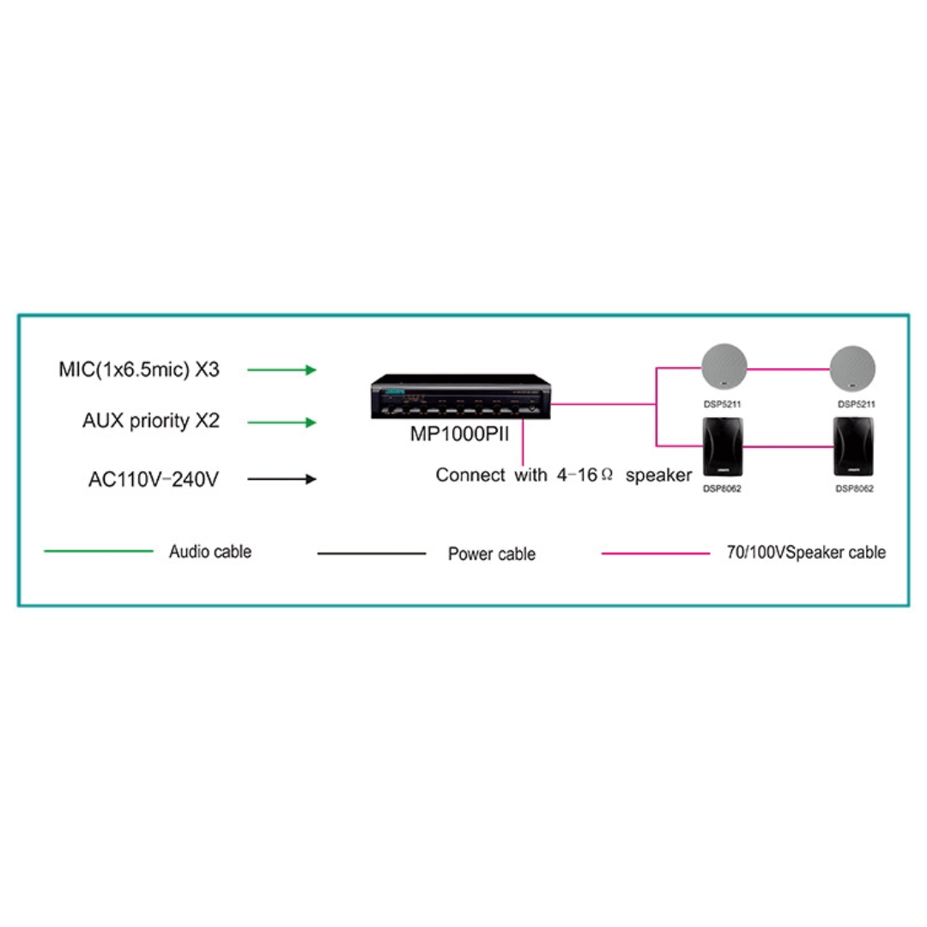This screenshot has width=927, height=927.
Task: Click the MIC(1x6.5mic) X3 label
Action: click(x=139, y=369)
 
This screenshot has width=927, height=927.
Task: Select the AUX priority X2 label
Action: click(x=151, y=421)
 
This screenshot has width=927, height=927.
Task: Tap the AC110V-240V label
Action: click(x=154, y=479)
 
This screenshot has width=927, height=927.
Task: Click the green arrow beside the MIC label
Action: click(x=282, y=370)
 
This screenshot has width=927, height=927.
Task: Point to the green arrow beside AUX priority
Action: click(x=282, y=422)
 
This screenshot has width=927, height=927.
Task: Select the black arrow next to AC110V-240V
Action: click(x=282, y=479)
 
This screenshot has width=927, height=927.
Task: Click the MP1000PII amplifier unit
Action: click(x=461, y=397)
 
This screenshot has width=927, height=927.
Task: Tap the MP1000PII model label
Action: click(x=459, y=434)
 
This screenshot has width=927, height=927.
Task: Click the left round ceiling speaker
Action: click(x=724, y=367)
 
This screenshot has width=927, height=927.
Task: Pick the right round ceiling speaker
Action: click(x=852, y=368)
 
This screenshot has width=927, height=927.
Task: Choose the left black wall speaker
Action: click(x=723, y=447)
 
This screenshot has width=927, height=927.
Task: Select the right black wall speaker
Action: click(x=853, y=447)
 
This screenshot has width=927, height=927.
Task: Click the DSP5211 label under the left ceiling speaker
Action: click(x=722, y=404)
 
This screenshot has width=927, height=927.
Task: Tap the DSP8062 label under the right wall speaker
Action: click(x=854, y=489)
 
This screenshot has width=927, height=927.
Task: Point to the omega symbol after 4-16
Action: click(x=607, y=475)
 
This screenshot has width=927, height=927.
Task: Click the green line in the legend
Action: click(x=99, y=551)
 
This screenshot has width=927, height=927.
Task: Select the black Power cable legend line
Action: click(x=372, y=554)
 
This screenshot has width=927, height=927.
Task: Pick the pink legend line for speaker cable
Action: click(x=656, y=554)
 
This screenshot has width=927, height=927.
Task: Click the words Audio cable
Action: click(x=210, y=552)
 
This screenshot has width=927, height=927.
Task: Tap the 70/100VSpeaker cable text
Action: click(x=806, y=553)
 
